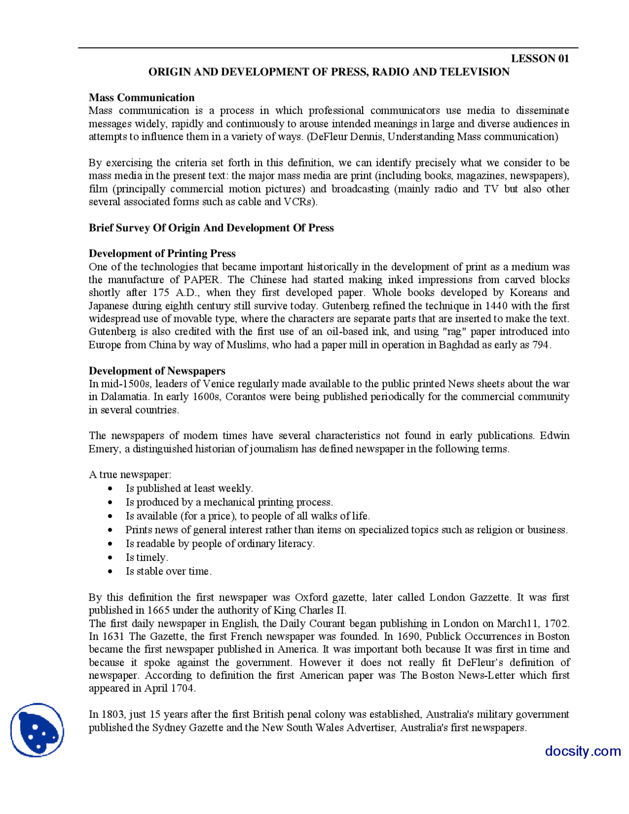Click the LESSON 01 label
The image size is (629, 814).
click(540, 58)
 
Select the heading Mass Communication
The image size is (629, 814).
click(142, 97)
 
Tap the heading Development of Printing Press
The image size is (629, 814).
click(162, 254)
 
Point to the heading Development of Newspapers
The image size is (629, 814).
click(157, 371)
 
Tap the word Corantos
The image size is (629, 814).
click(245, 397)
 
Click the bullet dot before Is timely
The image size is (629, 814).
click(110, 557)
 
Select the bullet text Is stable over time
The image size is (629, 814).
click(169, 571)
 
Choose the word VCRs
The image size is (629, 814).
click(300, 202)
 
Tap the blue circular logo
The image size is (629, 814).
click(37, 730)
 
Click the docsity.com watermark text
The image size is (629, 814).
click(583, 751)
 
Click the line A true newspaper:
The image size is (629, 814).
click(130, 474)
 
